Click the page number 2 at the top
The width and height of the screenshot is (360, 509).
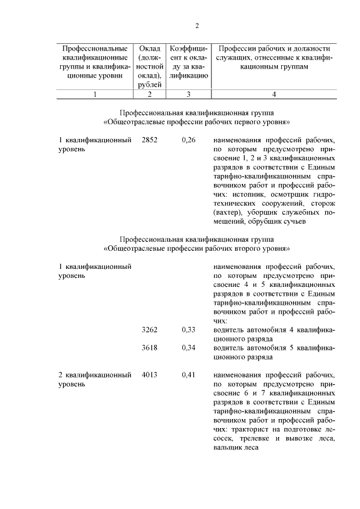197,25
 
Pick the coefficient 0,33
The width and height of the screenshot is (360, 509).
189,330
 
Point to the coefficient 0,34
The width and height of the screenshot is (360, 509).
189,348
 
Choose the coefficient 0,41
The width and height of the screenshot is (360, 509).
189,375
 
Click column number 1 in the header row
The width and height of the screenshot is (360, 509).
95,94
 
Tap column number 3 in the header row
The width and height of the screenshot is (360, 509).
189,94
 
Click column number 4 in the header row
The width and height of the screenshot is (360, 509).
273,94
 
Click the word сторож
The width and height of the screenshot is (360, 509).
322,203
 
